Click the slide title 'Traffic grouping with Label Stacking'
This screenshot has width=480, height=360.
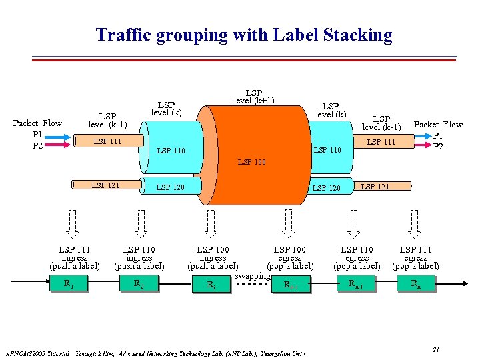coord(243,35)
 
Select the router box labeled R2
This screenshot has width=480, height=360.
coord(139,284)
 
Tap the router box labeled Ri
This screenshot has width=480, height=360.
coord(212,285)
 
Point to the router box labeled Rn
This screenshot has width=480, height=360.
coord(415,284)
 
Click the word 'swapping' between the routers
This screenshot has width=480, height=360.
coord(252,276)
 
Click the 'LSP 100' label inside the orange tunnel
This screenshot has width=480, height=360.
coord(251,162)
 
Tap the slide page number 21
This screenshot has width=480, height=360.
coord(435,349)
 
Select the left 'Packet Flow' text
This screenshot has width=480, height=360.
coord(37,123)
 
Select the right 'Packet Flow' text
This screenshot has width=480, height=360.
coord(438,124)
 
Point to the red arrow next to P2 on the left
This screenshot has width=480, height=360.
coord(58,145)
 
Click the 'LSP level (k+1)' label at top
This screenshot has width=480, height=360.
coord(253,97)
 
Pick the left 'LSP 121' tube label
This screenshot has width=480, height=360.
coord(105,185)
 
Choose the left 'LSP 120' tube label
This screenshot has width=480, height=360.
coord(170,188)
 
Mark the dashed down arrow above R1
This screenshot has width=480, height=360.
coord(73,224)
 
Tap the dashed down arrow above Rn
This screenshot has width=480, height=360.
coord(415,224)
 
